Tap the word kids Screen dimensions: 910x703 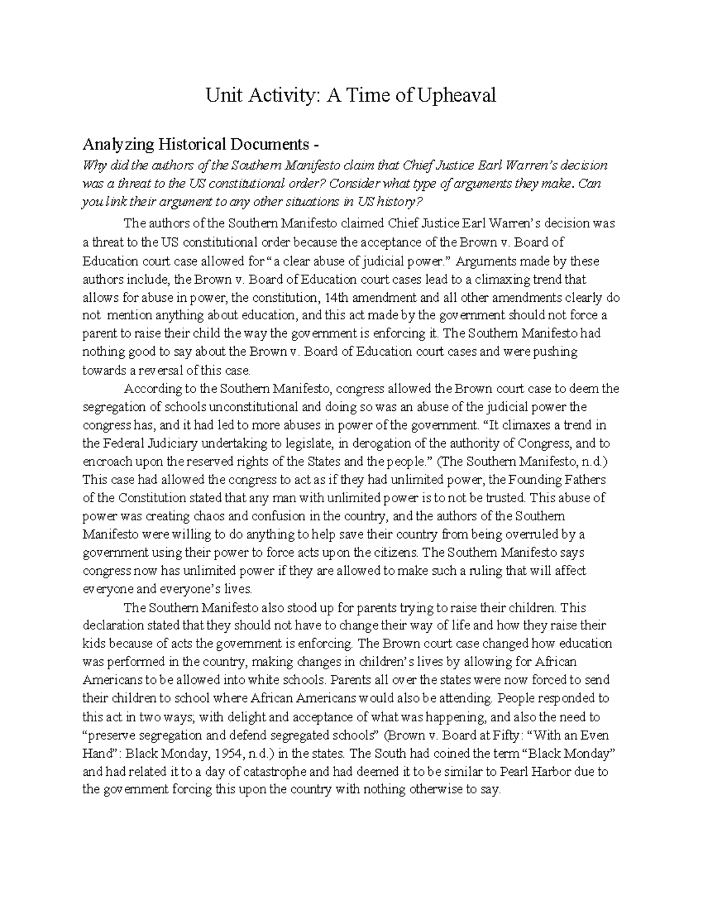coord(94,644)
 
